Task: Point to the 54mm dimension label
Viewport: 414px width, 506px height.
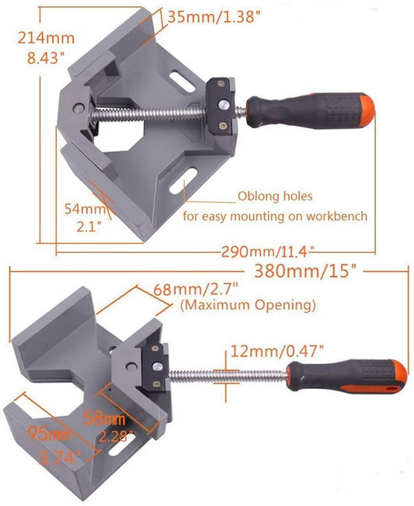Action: (x=83, y=208)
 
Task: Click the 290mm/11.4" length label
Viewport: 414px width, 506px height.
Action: (x=268, y=251)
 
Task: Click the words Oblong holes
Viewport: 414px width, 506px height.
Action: (x=276, y=196)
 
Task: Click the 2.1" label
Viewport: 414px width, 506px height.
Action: (x=89, y=226)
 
